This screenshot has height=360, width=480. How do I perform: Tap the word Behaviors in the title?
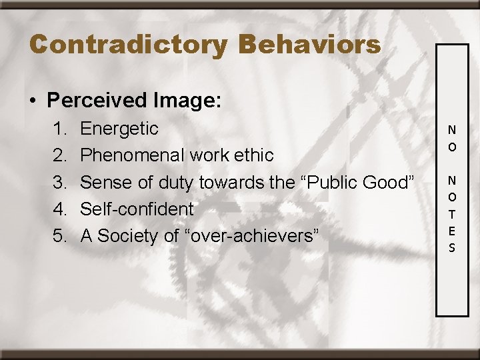pos(309,45)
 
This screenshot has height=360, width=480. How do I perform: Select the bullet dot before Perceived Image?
pos(33,101)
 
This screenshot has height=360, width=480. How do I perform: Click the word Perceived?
pos(97,101)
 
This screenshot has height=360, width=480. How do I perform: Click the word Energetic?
pos(119,129)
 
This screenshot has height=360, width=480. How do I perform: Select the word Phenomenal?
pos(133,155)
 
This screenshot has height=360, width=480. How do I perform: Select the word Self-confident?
pos(137,209)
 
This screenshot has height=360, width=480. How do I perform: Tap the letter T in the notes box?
pos(452,214)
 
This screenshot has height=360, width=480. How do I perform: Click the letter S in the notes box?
pos(452,248)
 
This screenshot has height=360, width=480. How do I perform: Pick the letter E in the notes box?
pos(452,231)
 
